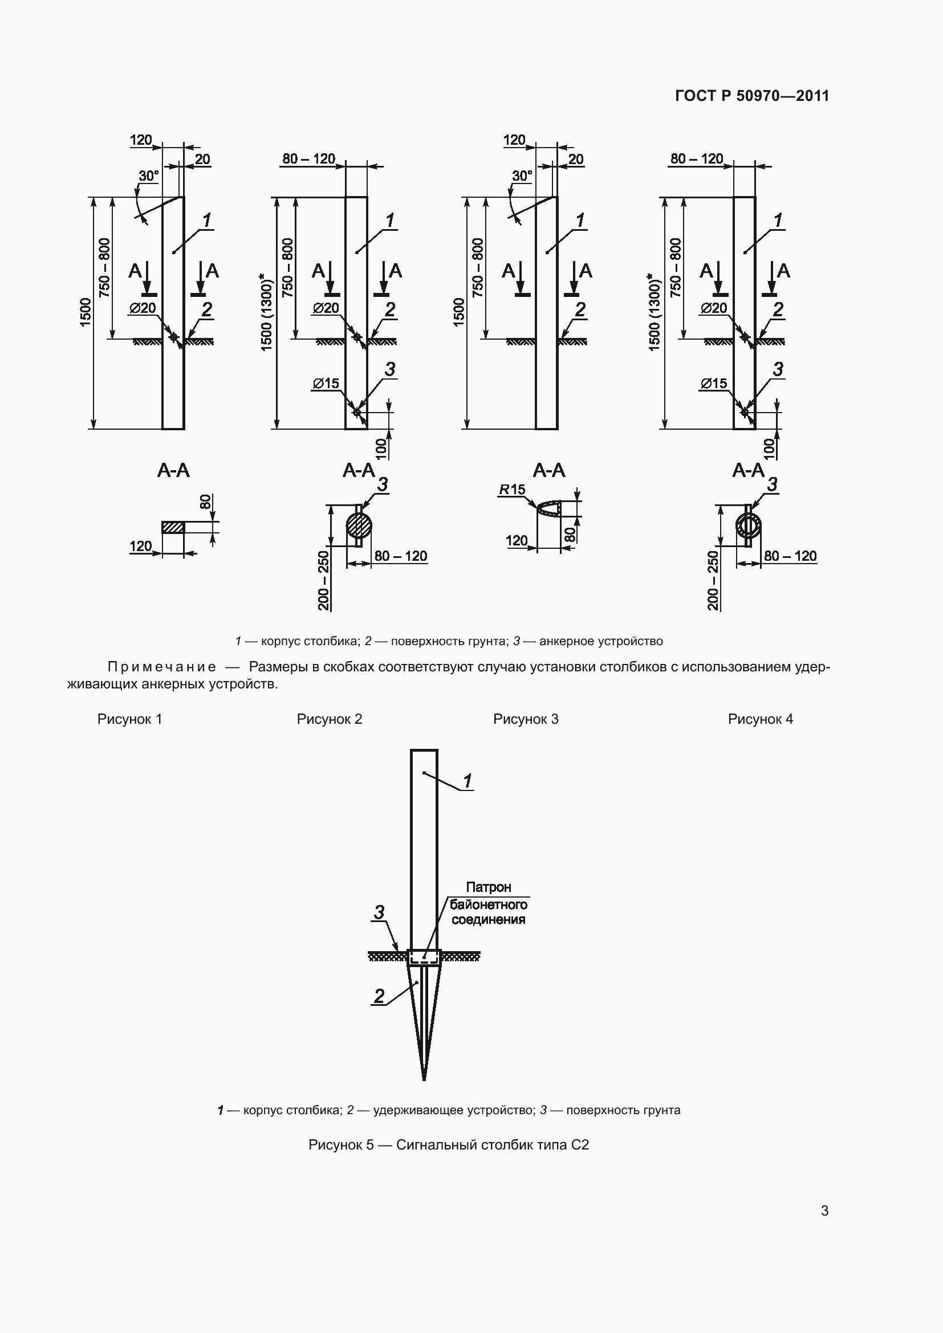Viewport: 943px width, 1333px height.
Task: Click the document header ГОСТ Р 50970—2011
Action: coord(752,96)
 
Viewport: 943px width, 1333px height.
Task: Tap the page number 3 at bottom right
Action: coord(824,1210)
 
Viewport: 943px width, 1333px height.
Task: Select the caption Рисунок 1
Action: coord(129,719)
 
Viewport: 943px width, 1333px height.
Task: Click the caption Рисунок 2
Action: coord(329,719)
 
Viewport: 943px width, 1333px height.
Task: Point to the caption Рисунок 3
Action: coord(526,719)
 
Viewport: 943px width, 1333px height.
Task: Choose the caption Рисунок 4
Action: coord(760,719)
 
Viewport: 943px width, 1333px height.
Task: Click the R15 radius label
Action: coord(511,490)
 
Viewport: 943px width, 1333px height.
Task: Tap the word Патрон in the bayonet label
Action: coord(489,887)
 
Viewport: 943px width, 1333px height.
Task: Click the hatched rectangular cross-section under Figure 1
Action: coord(173,527)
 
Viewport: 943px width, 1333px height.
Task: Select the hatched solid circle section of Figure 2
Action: coord(359,526)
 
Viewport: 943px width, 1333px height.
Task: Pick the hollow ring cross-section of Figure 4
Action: coord(748,526)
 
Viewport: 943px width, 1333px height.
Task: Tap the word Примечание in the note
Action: coord(162,667)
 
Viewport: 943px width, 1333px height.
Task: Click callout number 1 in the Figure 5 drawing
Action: coord(468,781)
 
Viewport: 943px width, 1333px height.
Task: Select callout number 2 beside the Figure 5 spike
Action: coord(379,996)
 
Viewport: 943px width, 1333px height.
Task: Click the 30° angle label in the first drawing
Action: coord(148,176)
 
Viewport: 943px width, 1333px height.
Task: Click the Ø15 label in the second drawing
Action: coord(325,383)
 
